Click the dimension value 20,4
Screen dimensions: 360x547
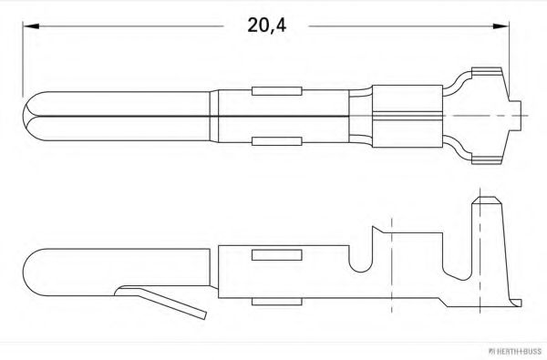266,26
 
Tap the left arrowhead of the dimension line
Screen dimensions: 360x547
28,26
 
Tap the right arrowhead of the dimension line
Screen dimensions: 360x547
501,26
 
